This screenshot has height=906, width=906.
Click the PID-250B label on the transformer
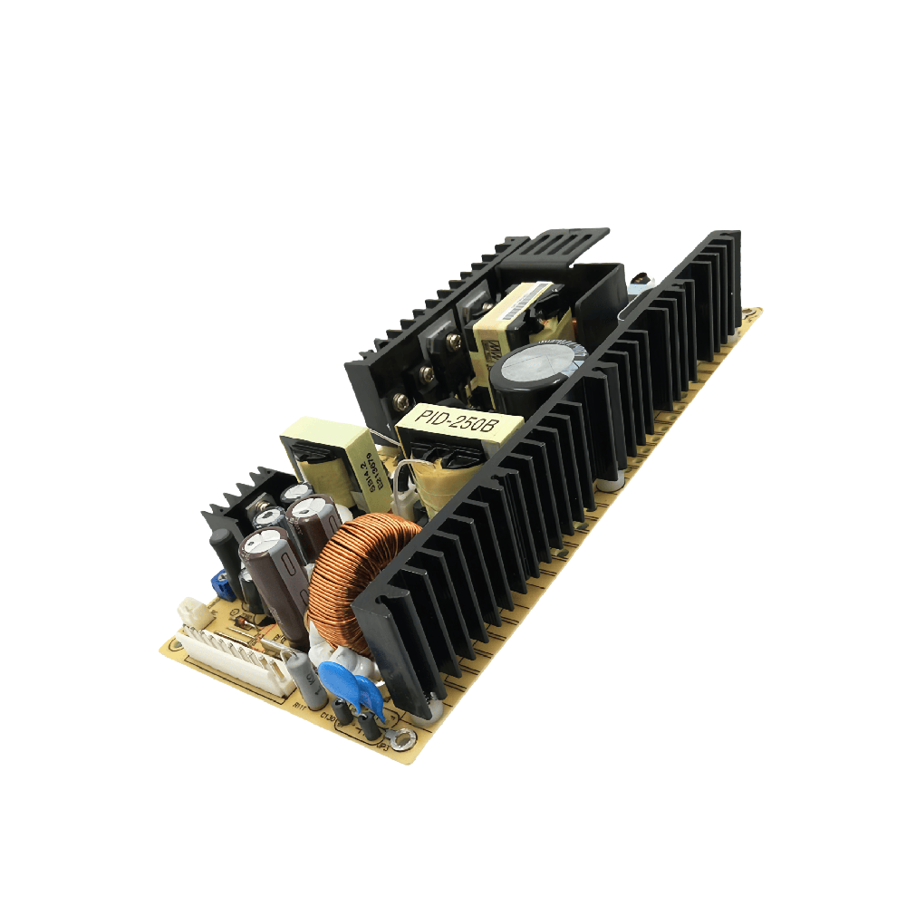[x=459, y=419]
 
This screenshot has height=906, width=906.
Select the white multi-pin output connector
[x=230, y=657]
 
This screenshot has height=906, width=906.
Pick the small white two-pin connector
[x=192, y=610]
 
